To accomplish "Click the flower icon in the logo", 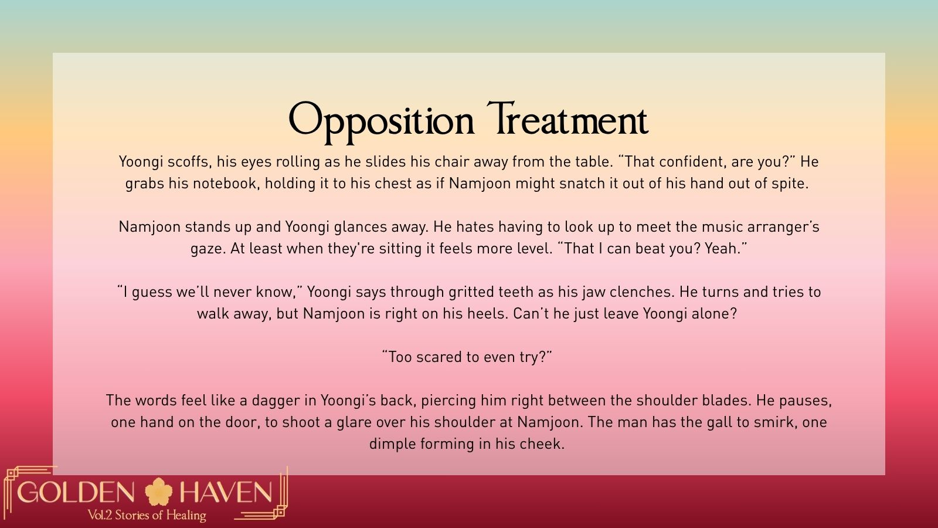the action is (158, 492).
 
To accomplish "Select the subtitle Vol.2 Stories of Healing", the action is (147, 515).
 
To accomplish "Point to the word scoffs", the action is (189, 162).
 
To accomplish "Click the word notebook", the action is (226, 184).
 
